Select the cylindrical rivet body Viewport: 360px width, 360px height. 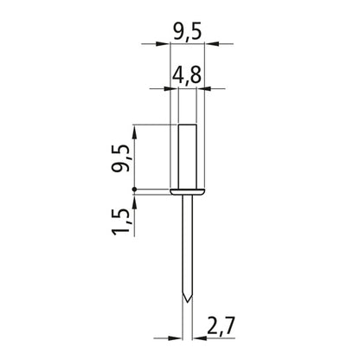[187, 156]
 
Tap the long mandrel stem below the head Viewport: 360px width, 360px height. [187, 247]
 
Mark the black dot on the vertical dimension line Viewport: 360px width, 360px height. [135, 190]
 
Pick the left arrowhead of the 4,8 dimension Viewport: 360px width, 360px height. [172, 88]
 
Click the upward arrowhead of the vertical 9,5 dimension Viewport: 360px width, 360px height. [135, 130]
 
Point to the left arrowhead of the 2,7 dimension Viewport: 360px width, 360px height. [179, 337]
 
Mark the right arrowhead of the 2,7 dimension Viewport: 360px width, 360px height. [195, 337]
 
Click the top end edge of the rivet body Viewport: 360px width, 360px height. [187, 125]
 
